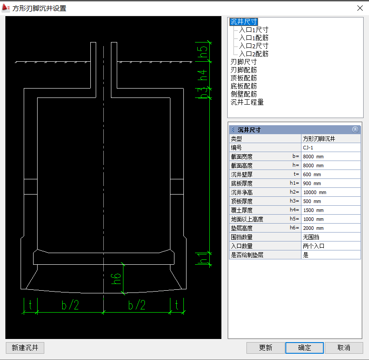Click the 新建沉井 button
(x=25, y=348)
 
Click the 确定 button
(x=305, y=348)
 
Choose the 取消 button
(x=344, y=348)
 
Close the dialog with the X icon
(x=360, y=8)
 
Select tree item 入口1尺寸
(x=254, y=30)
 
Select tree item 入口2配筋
(x=254, y=54)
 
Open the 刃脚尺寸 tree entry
(x=244, y=62)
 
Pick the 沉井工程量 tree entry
(x=247, y=102)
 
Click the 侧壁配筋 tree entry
(x=244, y=94)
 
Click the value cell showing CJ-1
(x=331, y=148)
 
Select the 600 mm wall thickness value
(x=331, y=174)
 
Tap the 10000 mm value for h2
(x=331, y=192)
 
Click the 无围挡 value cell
(x=331, y=237)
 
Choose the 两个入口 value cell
(x=331, y=246)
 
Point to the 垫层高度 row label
(x=242, y=228)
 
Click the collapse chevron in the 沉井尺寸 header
(x=355, y=129)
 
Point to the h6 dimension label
(x=116, y=279)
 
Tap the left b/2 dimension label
(x=70, y=305)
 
